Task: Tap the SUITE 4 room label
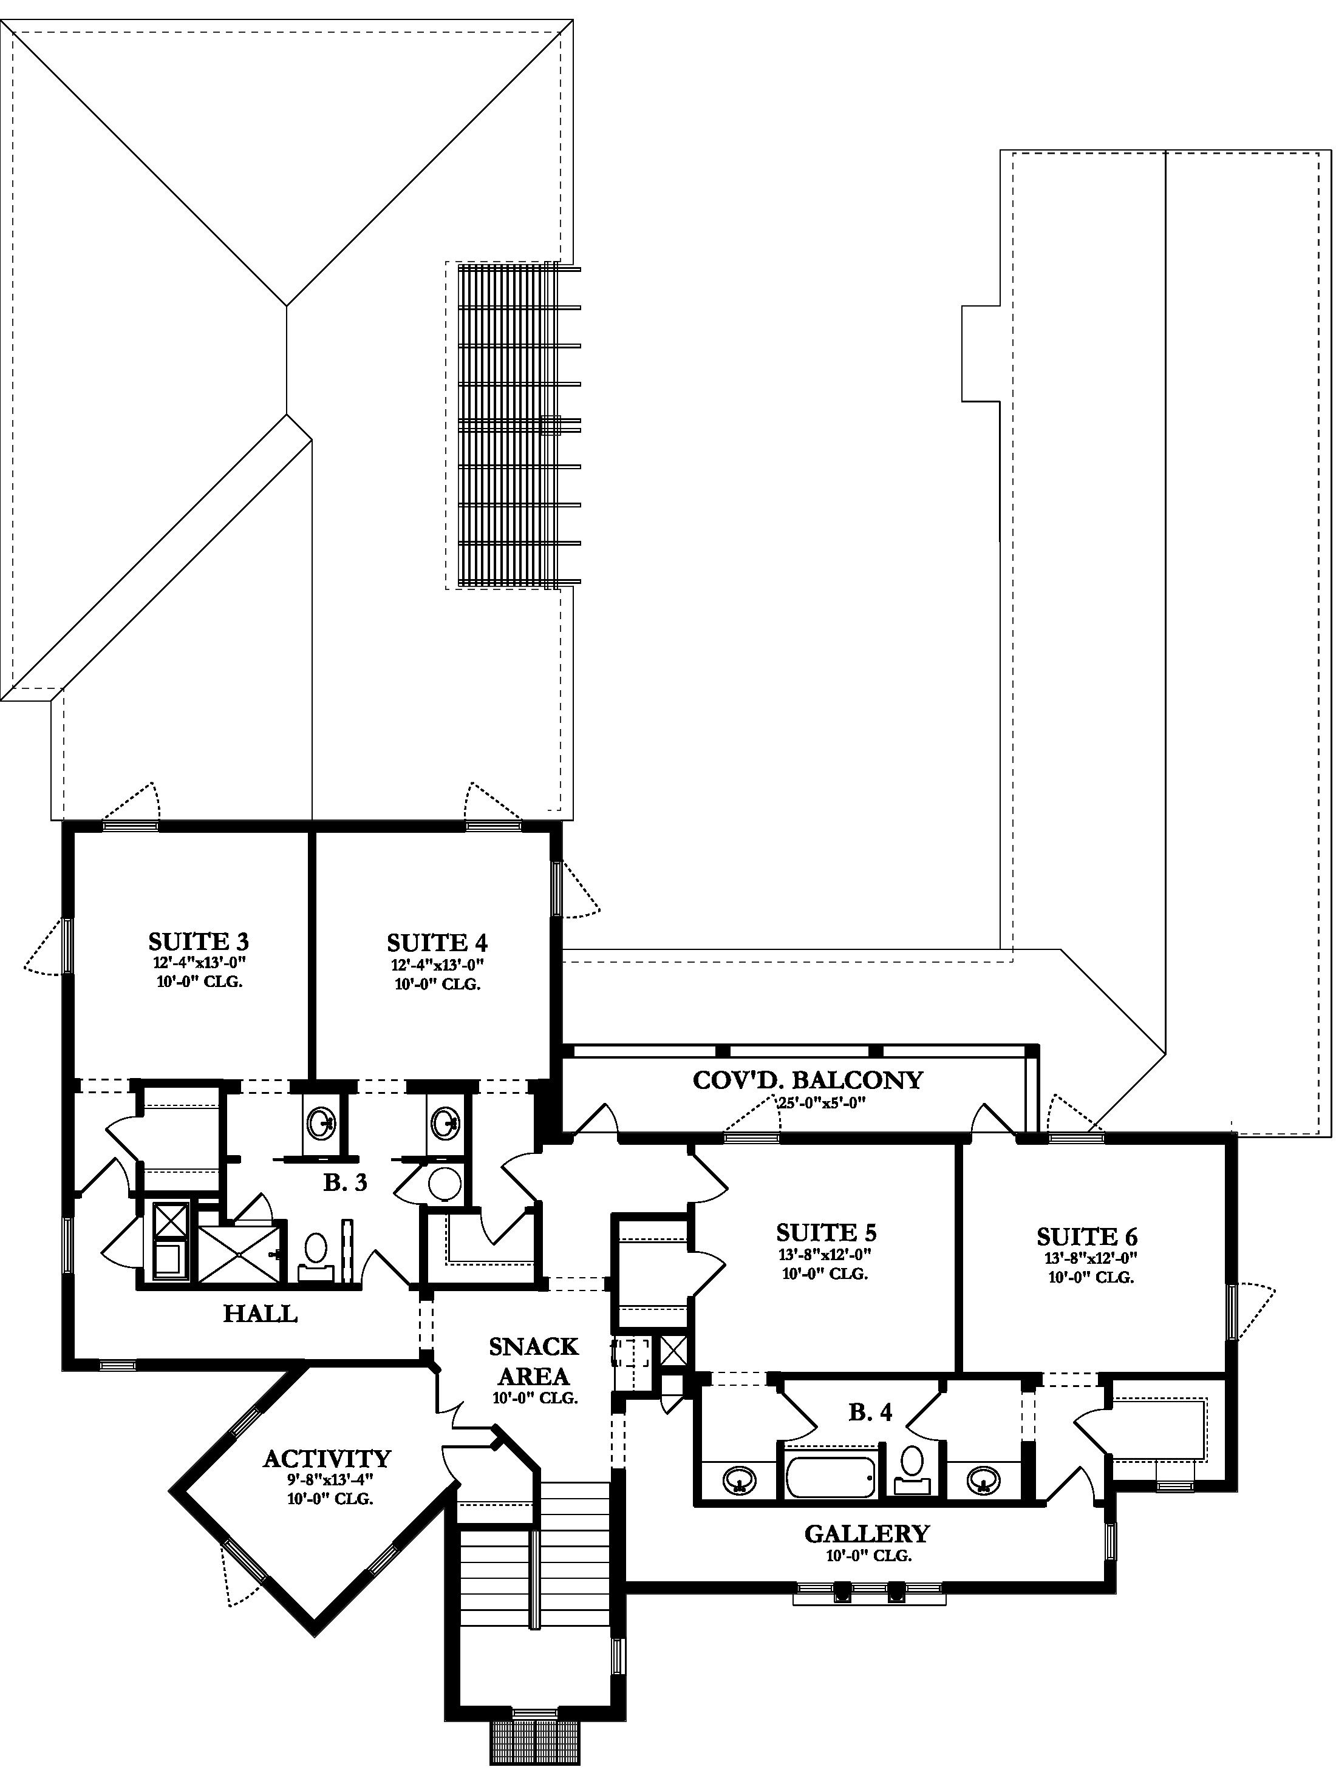point(437,942)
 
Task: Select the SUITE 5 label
point(825,1232)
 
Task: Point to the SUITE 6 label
point(1086,1236)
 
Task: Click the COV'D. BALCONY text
point(807,1080)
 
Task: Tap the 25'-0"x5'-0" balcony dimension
point(820,1104)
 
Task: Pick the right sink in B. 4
point(981,1479)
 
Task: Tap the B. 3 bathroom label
point(346,1182)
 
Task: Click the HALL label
point(260,1314)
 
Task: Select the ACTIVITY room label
point(327,1458)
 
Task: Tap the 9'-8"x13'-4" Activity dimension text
point(330,1480)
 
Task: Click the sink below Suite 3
point(322,1121)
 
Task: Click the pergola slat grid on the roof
point(506,424)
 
